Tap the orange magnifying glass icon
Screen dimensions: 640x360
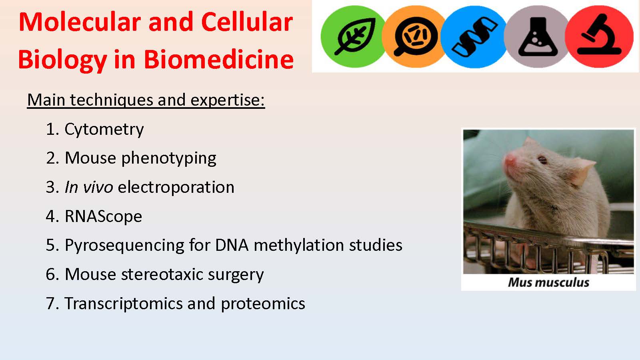click(x=415, y=36)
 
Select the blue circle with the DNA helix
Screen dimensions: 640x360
click(x=474, y=36)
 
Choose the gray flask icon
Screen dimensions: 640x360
click(x=538, y=36)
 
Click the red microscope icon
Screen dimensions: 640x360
click(x=600, y=36)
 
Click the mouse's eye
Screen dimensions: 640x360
click(x=542, y=160)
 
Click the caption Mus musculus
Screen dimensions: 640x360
click(x=548, y=282)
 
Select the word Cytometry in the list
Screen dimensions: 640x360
click(x=104, y=130)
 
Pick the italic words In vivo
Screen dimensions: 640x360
click(x=89, y=188)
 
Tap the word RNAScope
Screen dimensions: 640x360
click(x=104, y=217)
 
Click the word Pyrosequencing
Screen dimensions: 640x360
click(x=124, y=246)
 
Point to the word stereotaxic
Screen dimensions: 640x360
click(x=162, y=274)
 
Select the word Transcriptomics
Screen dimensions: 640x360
click(x=124, y=304)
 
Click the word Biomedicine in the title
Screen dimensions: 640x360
click(x=218, y=60)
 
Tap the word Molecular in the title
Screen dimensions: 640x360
click(x=80, y=22)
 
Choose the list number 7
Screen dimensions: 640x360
click(x=50, y=304)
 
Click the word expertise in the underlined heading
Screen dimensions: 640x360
click(x=228, y=100)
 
